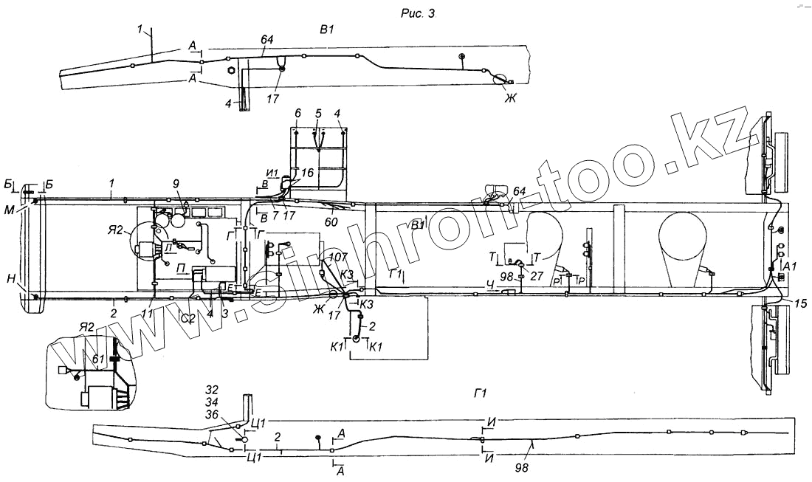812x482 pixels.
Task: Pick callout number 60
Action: point(331,219)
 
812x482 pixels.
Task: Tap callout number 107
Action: point(338,258)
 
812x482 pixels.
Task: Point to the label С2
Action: point(188,318)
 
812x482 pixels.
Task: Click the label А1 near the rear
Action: point(789,264)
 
